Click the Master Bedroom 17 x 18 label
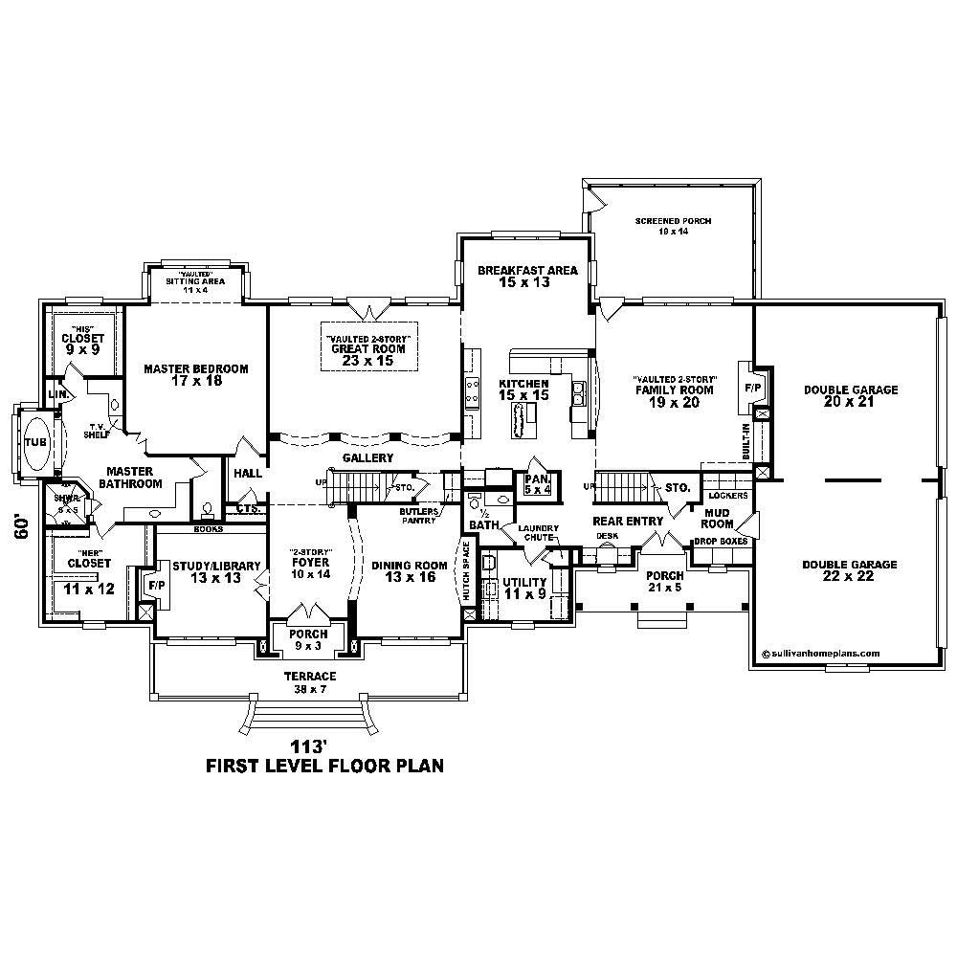tap(196, 375)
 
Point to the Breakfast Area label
tap(527, 277)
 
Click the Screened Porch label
tap(673, 226)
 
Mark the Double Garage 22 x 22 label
tap(850, 571)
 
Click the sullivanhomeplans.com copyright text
tap(820, 654)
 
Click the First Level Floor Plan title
tap(325, 767)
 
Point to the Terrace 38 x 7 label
tap(308, 682)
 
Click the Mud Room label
tap(718, 518)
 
